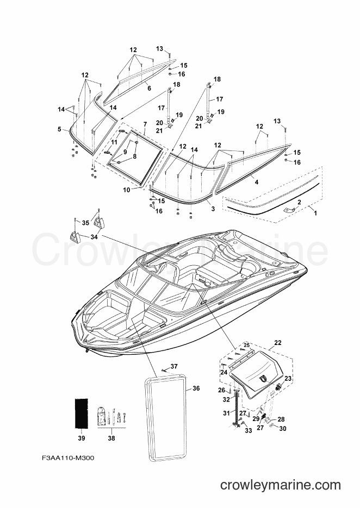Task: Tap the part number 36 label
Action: (196, 388)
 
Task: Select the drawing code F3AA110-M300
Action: (68, 457)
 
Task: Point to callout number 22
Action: (277, 343)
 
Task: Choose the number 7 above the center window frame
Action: (145, 125)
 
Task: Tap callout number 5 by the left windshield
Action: (59, 129)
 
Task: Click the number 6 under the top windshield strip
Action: (149, 87)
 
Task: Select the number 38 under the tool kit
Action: (111, 438)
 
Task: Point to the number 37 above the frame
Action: (174, 366)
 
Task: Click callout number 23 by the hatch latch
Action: (288, 378)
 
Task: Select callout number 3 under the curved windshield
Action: (213, 209)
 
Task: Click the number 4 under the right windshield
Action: (256, 181)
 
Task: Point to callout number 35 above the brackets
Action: (85, 223)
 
